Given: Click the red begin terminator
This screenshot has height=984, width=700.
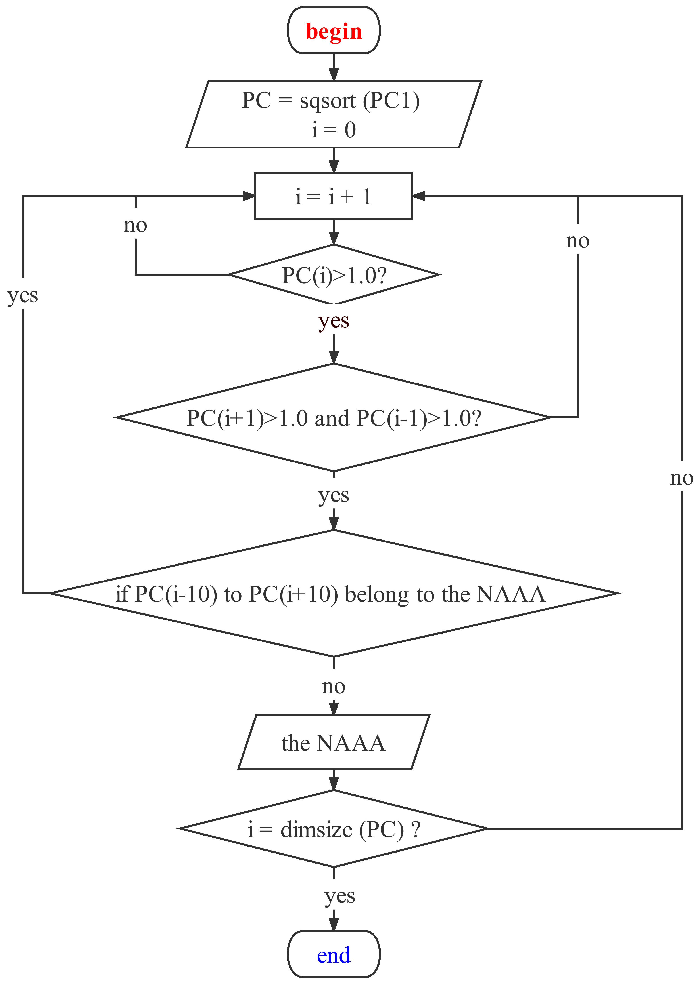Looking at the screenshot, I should (x=334, y=31).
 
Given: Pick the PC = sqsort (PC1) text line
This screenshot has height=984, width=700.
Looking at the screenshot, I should (x=331, y=101).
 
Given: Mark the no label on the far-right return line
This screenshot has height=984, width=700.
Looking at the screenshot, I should (x=681, y=478).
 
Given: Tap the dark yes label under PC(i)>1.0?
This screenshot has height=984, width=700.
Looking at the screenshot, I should (x=334, y=321).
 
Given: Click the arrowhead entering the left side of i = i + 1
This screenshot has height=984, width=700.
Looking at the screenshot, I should (x=249, y=196).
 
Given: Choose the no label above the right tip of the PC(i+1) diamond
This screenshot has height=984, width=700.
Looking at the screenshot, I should (x=578, y=241).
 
